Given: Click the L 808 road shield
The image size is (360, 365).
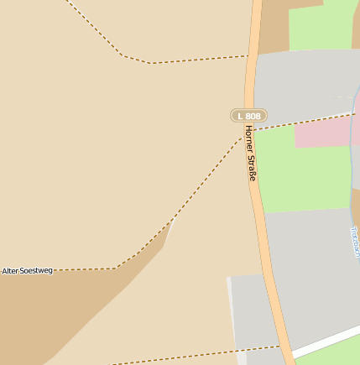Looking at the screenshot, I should pyautogui.click(x=248, y=115).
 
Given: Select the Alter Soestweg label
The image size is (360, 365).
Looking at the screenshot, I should pyautogui.click(x=28, y=271).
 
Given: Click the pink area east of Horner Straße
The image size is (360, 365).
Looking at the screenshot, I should pyautogui.click(x=323, y=133).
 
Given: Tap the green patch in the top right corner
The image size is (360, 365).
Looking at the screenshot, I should pyautogui.click(x=323, y=25).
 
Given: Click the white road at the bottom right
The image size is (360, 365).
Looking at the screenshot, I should pyautogui.click(x=327, y=340).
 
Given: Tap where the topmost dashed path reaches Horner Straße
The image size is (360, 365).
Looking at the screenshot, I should pyautogui.click(x=249, y=56).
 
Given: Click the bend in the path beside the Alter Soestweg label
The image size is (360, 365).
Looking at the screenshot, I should pyautogui.click(x=116, y=268).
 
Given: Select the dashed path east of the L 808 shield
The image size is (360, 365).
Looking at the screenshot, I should pyautogui.click(x=302, y=123).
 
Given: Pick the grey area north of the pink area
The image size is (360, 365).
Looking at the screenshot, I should pyautogui.click(x=302, y=84).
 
